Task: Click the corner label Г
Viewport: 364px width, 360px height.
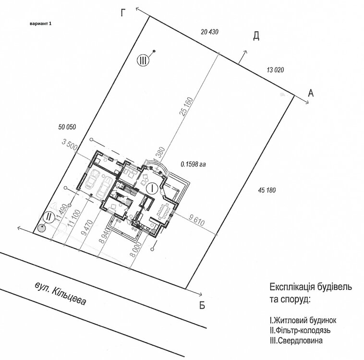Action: coord(123,13)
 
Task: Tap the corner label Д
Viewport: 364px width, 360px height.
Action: coord(256,36)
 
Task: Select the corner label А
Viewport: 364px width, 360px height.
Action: coord(311,93)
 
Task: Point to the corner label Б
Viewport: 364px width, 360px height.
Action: coord(202,305)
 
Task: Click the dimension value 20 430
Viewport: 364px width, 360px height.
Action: coord(210,32)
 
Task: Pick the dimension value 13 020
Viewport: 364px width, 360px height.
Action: coord(275,70)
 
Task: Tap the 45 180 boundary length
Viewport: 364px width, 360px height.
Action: coord(267,191)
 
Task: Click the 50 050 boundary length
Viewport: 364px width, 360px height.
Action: coord(67,127)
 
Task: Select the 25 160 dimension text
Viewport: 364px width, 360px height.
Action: coord(186,106)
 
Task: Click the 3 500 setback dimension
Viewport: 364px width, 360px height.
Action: coord(70,145)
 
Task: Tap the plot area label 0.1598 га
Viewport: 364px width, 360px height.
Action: coord(193,164)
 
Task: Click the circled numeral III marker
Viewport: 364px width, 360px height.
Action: coord(143,61)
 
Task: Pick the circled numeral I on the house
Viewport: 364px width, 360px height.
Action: coord(152,188)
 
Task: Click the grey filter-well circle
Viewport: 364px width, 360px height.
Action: coord(42,228)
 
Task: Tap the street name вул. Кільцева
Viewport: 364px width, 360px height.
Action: coord(61,293)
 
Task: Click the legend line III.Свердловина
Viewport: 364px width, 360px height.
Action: coord(296,340)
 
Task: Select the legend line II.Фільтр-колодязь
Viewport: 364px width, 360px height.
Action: coord(300,330)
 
